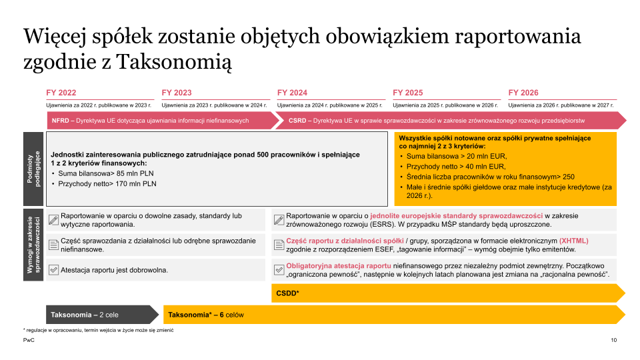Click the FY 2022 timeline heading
pyautogui.click(x=61, y=93)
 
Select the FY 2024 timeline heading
pyautogui.click(x=292, y=93)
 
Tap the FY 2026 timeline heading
pyautogui.click(x=523, y=93)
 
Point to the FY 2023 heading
pyautogui.click(x=177, y=93)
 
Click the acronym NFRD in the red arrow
pyautogui.click(x=61, y=121)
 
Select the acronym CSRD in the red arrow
pyautogui.click(x=297, y=121)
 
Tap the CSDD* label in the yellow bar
pyautogui.click(x=288, y=293)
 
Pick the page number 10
pyautogui.click(x=613, y=340)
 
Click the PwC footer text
pyautogui.click(x=29, y=340)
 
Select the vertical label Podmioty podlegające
pyautogui.click(x=34, y=169)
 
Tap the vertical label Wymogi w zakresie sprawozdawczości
pyautogui.click(x=34, y=245)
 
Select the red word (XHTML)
pyautogui.click(x=573, y=241)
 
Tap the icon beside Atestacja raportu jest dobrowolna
pyautogui.click(x=54, y=270)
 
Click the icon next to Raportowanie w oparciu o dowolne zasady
pyautogui.click(x=54, y=220)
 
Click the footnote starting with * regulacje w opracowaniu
pyautogui.click(x=93, y=330)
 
